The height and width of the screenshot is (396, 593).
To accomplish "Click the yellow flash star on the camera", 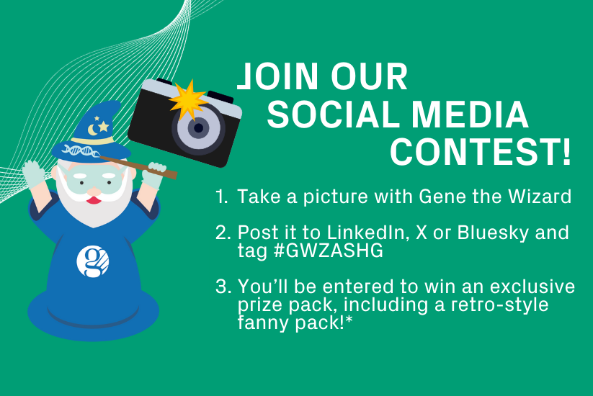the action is click(188, 100).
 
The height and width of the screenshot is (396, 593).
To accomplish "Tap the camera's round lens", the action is click(198, 128).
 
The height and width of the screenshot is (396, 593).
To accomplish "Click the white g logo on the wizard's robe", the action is click(93, 261).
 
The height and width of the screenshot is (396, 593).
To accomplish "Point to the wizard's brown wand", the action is click(138, 167).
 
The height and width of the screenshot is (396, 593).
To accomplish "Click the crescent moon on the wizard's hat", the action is click(92, 130).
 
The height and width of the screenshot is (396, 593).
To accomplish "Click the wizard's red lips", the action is click(94, 199).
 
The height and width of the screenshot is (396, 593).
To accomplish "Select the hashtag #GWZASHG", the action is click(328, 251).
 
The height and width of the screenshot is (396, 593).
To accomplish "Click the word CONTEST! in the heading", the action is click(481, 152).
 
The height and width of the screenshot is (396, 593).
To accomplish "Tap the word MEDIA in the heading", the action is click(469, 114).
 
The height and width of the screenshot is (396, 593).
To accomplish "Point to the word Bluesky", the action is click(493, 233).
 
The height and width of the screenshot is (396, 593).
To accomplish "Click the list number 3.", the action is click(223, 287).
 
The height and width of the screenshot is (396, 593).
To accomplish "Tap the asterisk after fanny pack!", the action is click(349, 320).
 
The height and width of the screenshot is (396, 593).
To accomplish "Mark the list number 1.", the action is click(222, 197).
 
